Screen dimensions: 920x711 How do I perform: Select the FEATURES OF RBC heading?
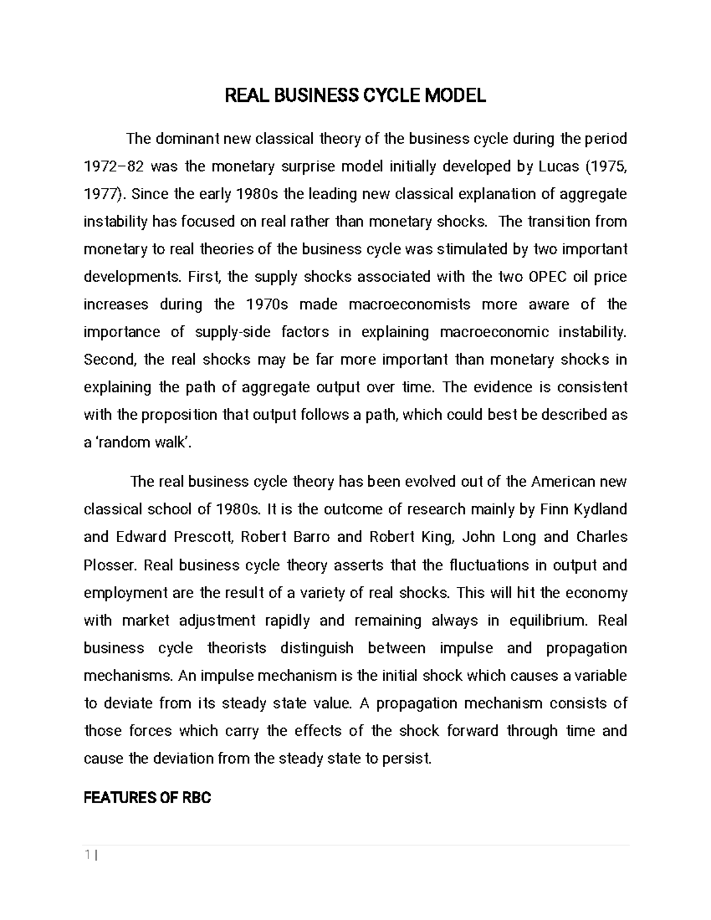147,797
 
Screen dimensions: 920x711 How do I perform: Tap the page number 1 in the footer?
87,854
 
